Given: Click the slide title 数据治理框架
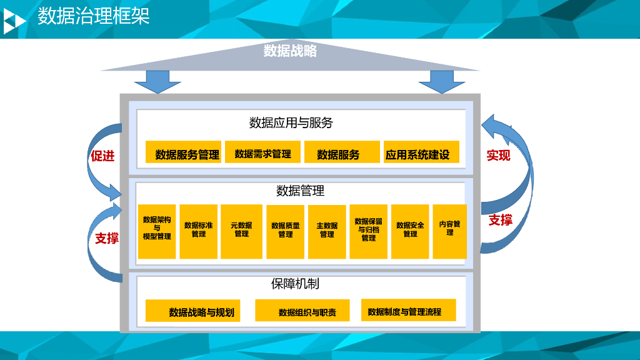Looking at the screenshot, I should [93, 16].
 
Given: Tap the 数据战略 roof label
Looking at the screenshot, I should [290, 51].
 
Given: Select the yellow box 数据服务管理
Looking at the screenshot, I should [183, 152].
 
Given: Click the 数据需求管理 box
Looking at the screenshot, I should [262, 152].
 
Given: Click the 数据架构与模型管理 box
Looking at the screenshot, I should [157, 231].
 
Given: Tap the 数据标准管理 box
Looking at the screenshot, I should [198, 231].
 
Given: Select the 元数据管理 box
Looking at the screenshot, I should [241, 231].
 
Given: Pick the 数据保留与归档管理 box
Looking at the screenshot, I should [368, 231].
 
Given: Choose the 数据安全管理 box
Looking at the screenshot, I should [410, 231].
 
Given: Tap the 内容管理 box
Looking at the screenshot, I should [449, 231].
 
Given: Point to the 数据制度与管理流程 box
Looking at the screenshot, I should [408, 310].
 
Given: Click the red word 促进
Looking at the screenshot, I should [102, 156].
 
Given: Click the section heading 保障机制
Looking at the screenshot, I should [295, 284].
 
